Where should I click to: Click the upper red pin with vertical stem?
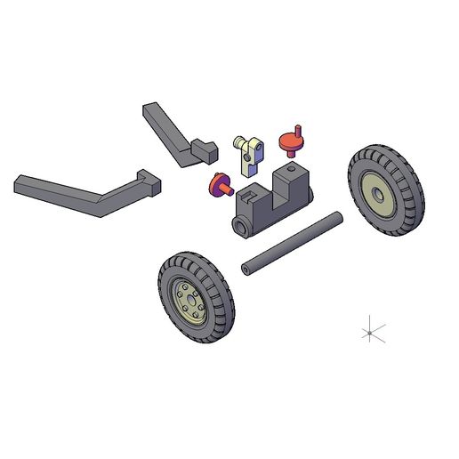(292, 140)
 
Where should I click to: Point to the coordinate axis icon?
(370, 332)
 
